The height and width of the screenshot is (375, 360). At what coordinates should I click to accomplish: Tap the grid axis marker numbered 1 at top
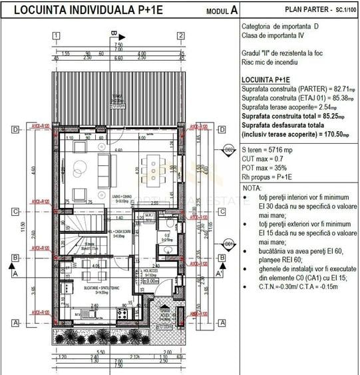click(59, 36)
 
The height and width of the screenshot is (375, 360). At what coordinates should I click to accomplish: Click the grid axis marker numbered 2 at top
click(180, 36)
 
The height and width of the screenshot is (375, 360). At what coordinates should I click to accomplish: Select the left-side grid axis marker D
click(14, 130)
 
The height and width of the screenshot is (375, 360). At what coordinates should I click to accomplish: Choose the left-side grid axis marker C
click(14, 212)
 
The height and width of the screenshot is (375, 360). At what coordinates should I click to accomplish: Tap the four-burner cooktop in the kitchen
click(122, 313)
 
